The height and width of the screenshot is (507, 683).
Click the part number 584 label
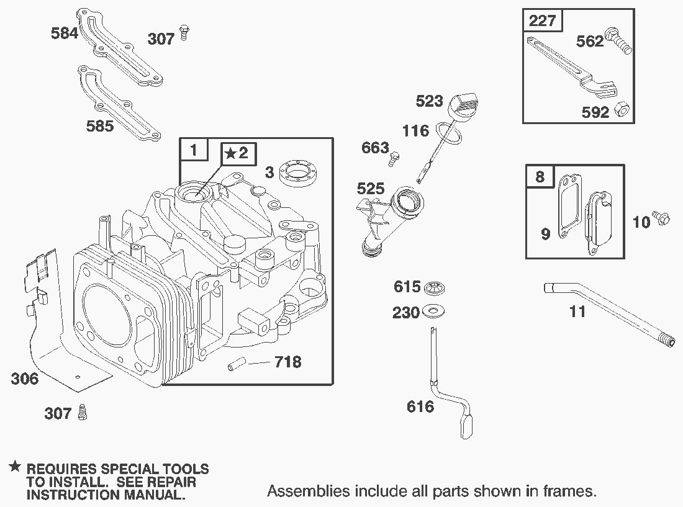[65, 33]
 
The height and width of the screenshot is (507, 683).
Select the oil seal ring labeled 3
[297, 173]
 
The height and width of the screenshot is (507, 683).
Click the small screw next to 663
[395, 158]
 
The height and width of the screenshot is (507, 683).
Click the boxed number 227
[542, 20]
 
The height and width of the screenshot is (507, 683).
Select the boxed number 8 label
[540, 176]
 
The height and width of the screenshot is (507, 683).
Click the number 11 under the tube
[577, 311]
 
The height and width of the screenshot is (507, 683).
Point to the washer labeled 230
[433, 311]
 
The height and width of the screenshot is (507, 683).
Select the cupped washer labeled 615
[434, 287]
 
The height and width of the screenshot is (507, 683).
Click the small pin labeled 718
[237, 364]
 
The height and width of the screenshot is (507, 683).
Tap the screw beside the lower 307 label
[82, 411]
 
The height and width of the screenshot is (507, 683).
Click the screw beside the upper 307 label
[184, 33]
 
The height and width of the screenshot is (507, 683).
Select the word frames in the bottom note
[570, 491]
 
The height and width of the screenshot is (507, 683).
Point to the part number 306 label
[25, 379]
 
